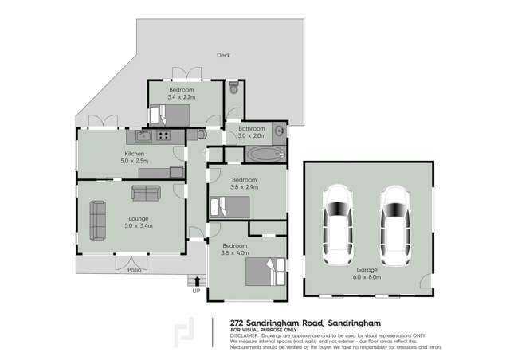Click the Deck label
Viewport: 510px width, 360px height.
(223, 56)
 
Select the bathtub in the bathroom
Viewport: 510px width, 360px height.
(264, 154)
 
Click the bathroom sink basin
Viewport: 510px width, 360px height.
(278, 131)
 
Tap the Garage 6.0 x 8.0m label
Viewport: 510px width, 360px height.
(366, 275)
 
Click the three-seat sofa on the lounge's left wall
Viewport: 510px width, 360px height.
(97, 220)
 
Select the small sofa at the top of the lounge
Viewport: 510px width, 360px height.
(146, 193)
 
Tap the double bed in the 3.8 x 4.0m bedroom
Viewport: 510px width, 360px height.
(265, 272)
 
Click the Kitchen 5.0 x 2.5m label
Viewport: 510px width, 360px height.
(133, 157)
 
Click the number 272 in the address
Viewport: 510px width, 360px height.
(238, 322)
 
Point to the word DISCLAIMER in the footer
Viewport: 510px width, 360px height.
(247, 335)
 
